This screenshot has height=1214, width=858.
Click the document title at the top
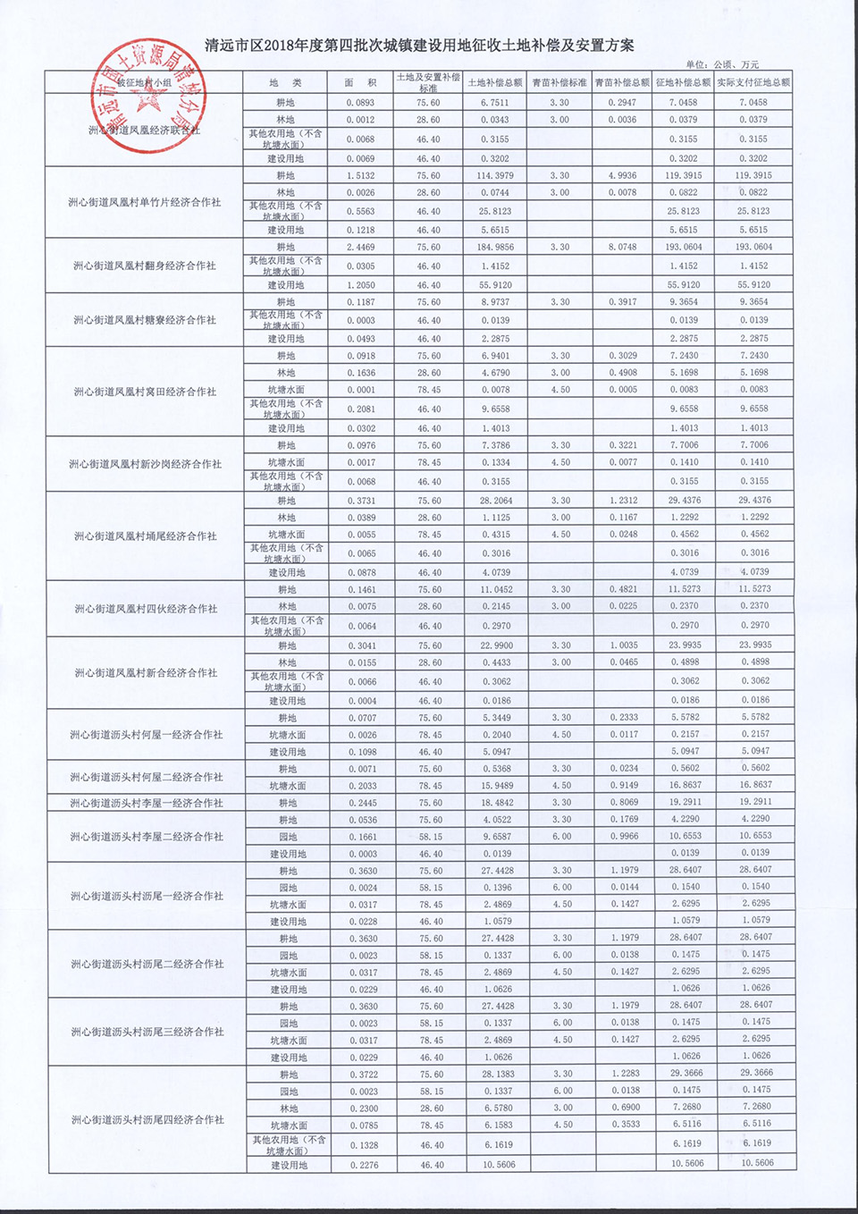click(419, 46)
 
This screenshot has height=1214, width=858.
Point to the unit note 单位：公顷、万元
click(722, 64)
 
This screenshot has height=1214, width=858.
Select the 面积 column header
click(360, 83)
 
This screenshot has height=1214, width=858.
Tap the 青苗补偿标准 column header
click(559, 83)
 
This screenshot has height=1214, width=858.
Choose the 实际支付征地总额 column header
click(753, 83)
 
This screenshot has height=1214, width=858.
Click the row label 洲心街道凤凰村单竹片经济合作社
click(144, 203)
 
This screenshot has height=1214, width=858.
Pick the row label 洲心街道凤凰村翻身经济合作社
click(144, 266)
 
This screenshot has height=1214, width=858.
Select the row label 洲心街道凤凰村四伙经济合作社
click(145, 609)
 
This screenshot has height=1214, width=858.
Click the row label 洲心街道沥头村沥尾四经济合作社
click(147, 1119)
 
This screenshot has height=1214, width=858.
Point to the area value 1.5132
click(360, 176)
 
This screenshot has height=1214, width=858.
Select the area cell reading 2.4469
click(360, 247)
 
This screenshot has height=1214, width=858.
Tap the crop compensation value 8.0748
click(622, 247)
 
